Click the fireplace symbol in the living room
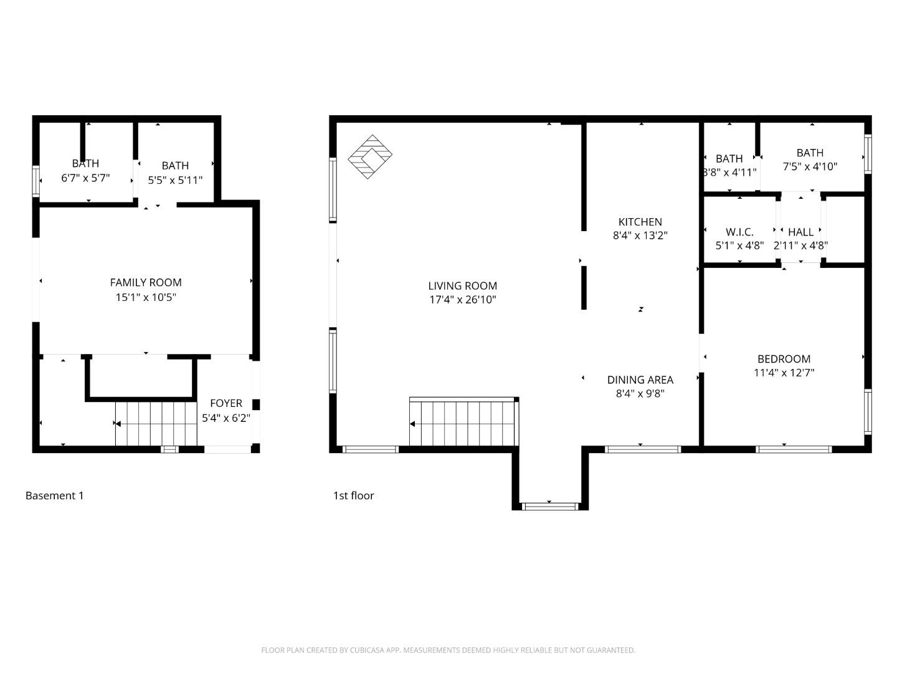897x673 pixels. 370,156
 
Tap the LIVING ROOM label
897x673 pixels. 462,286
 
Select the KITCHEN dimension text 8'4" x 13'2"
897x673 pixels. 640,236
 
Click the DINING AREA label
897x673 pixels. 640,379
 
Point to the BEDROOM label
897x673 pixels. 784,359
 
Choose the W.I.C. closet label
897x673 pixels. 739,232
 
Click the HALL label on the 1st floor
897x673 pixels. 800,232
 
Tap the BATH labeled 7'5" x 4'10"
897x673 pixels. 810,160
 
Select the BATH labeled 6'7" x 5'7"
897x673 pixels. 85,171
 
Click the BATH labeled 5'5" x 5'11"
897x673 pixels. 175,173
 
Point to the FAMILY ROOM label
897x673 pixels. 146,282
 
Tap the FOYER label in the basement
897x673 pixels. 225,403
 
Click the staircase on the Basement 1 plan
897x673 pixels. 156,424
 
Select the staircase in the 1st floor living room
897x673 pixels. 463,424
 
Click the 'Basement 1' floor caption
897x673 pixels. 54,496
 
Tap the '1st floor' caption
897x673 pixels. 353,496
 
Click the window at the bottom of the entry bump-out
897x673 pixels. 550,506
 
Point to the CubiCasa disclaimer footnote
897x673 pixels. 448,650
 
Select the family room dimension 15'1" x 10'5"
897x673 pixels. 146,297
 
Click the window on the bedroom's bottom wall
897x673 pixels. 794,449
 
